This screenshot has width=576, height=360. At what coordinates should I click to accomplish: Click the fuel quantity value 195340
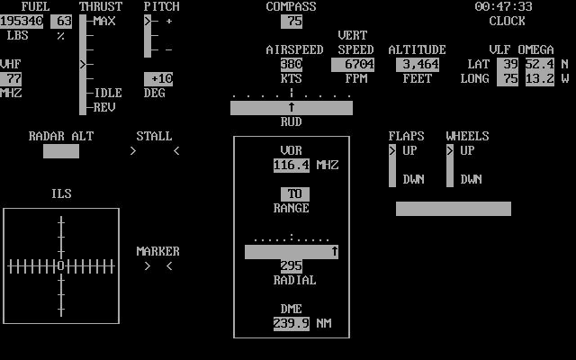[22, 21]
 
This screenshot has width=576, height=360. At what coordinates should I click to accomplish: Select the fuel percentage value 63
[61, 21]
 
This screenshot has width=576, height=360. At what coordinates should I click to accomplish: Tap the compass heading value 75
[292, 21]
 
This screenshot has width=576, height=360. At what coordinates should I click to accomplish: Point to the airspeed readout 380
[292, 64]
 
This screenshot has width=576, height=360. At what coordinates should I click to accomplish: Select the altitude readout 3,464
[418, 64]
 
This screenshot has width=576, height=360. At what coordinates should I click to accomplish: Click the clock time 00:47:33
[504, 6]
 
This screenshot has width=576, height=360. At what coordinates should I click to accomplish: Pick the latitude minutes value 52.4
[540, 64]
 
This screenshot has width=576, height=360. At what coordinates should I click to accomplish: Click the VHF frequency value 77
[14, 78]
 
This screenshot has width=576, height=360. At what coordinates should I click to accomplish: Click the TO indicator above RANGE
[295, 193]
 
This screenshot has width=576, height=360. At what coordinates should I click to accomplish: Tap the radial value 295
[292, 265]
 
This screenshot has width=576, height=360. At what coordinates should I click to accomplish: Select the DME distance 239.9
[292, 323]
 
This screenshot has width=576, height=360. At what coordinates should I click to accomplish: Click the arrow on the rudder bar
[292, 107]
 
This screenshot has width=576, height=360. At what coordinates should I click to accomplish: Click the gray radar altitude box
[61, 150]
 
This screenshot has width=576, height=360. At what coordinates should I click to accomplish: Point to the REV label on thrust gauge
[104, 107]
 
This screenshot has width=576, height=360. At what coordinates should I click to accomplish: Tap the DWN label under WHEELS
[472, 179]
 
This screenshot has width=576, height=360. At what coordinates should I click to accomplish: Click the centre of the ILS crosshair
[61, 265]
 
